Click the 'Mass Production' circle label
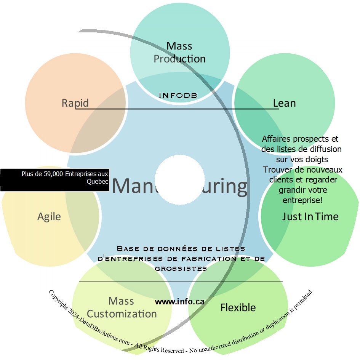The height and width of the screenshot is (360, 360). [179, 53]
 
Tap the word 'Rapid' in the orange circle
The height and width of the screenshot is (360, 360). [75, 103]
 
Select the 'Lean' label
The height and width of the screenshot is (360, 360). [284, 103]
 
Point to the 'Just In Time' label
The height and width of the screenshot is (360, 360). [310, 217]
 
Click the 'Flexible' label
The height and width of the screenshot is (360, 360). [238, 307]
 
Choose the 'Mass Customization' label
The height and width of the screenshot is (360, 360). [122, 307]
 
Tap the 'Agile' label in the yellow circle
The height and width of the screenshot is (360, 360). [49, 217]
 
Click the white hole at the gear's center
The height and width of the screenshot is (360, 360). [180, 179]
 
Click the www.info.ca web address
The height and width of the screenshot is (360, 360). [179, 302]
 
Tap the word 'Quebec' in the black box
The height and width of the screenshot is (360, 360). [98, 181]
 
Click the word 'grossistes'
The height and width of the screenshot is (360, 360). [181, 269]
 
